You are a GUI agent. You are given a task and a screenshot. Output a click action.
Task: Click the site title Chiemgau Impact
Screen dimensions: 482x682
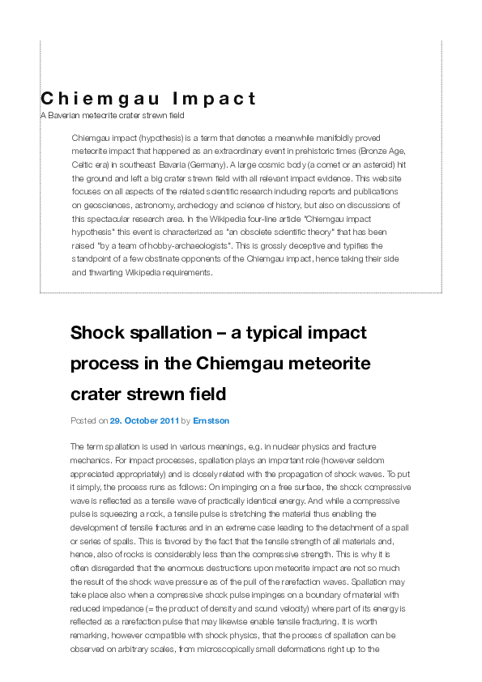point(148,99)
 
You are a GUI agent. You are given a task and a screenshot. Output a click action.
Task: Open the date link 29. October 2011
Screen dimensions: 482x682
point(143,421)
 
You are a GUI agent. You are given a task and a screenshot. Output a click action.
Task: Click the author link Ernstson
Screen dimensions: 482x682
point(211,421)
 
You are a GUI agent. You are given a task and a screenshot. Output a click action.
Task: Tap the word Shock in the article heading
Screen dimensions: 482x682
point(96,333)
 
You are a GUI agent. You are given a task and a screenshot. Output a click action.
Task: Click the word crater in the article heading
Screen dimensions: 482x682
point(97,394)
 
